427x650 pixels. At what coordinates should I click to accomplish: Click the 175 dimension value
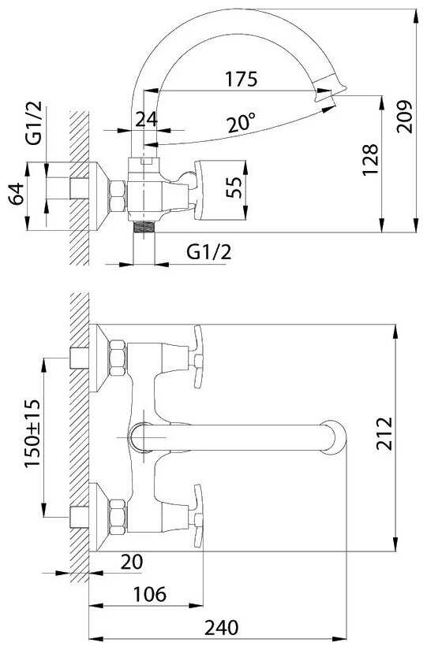click(x=241, y=79)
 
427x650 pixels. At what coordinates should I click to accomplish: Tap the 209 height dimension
click(x=404, y=117)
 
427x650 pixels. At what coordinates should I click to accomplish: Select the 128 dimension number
click(x=370, y=160)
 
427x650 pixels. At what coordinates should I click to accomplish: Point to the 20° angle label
click(x=241, y=122)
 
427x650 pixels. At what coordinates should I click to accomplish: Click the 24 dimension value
click(x=147, y=120)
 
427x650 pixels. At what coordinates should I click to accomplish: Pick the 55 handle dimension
click(x=234, y=188)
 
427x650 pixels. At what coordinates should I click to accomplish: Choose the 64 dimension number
click(x=17, y=193)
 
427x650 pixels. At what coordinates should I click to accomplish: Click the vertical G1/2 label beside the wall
click(x=34, y=122)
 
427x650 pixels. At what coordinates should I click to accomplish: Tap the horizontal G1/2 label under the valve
click(x=208, y=251)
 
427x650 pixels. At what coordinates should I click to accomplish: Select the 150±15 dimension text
click(x=32, y=433)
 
